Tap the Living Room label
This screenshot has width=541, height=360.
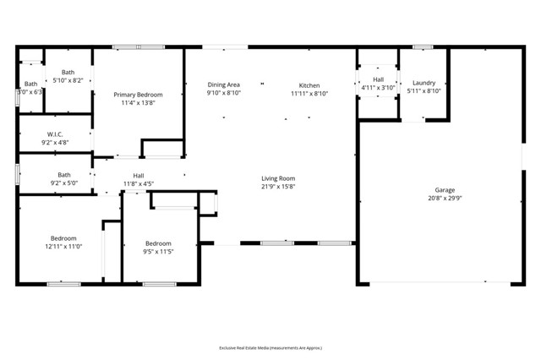pos(277,178)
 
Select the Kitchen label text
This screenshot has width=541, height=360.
pos(309,85)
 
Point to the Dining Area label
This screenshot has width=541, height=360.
pos(224,85)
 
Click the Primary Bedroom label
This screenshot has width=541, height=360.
pos(139,95)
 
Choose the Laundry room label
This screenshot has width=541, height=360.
pos(424,83)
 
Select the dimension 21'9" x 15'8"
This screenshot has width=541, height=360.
pos(277,187)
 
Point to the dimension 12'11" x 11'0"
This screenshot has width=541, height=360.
pos(63,246)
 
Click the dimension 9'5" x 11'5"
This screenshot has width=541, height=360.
pos(158,251)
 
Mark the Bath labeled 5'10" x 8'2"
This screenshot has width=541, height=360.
pos(68,73)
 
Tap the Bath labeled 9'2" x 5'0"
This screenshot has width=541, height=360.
pos(64,175)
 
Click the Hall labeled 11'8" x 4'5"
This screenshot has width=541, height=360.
pos(139,175)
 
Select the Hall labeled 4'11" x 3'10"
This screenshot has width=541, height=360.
pos(378,79)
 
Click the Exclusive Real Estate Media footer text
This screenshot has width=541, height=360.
pos(270,347)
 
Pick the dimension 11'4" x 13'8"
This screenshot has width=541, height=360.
pos(139,103)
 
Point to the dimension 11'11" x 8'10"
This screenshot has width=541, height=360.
pos(309,94)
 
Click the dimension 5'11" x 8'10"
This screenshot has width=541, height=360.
pos(424,90)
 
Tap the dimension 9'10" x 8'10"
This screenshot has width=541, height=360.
pos(224,94)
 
